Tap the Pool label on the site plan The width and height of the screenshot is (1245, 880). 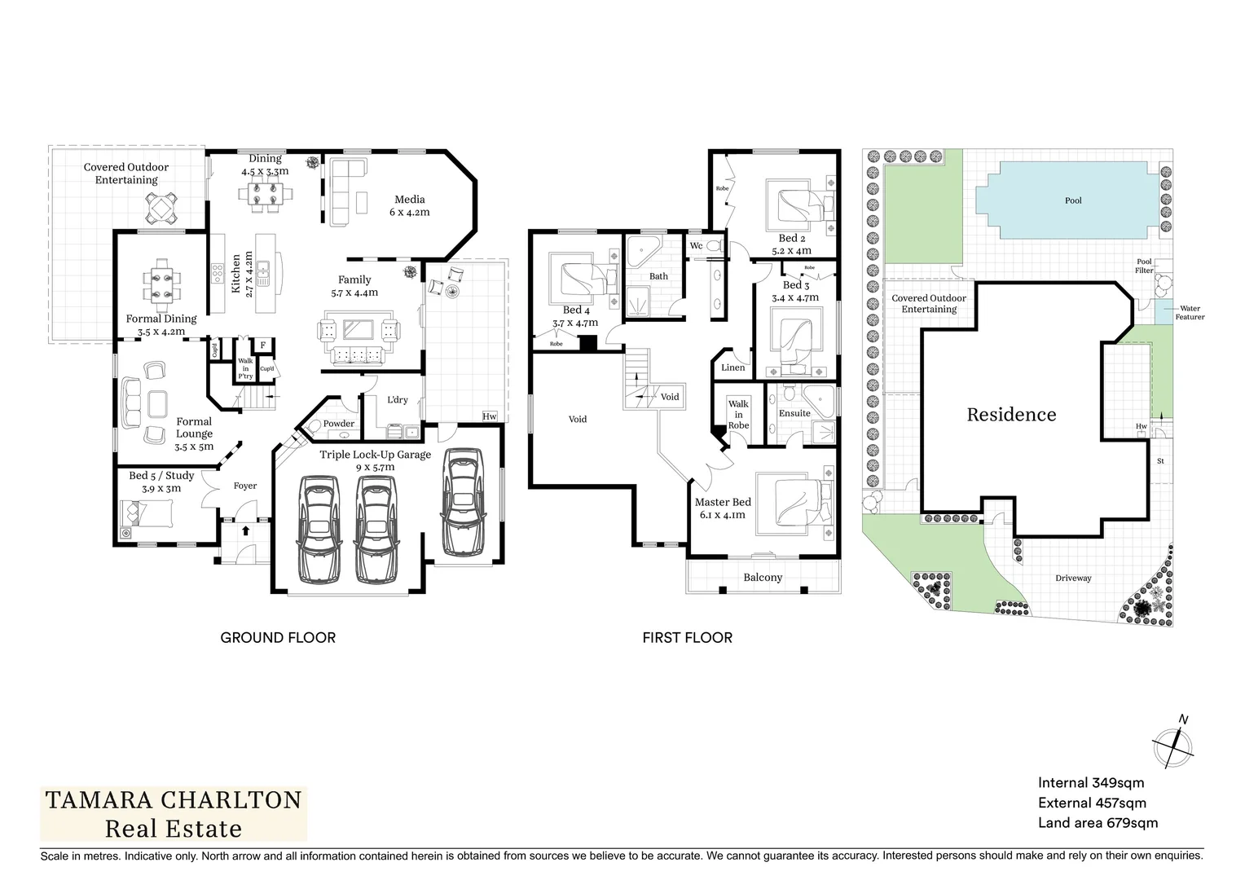(1073, 200)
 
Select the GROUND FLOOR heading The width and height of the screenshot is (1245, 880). (278, 637)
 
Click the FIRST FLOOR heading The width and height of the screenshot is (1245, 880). (687, 637)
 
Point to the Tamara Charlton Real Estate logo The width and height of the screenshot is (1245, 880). (174, 814)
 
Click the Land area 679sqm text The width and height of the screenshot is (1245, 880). (1098, 823)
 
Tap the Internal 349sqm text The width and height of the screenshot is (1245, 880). (1091, 783)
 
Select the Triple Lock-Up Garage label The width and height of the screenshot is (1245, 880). (375, 455)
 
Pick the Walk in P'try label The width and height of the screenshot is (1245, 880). (245, 368)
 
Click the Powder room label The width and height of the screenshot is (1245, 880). (339, 424)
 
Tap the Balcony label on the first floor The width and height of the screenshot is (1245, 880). (763, 578)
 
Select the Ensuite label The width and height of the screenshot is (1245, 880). (794, 413)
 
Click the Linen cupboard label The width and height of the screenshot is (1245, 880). (733, 367)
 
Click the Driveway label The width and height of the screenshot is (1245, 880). (1073, 579)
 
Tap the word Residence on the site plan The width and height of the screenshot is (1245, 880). (1011, 415)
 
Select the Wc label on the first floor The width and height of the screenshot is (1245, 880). (697, 246)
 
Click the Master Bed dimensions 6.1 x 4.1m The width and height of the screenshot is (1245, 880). (722, 515)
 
